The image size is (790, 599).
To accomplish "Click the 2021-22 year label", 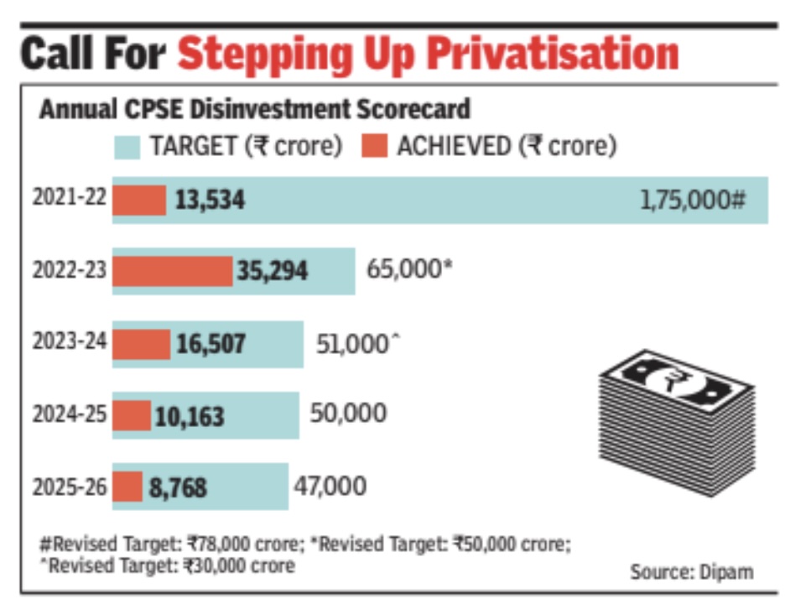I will [x=69, y=200].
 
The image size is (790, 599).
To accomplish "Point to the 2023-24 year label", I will [x=69, y=342].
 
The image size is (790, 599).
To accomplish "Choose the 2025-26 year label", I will [x=69, y=487].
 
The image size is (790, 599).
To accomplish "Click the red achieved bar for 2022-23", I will [x=172, y=271].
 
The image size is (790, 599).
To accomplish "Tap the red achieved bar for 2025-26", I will [x=127, y=487].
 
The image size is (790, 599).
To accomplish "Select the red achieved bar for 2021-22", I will [x=139, y=200].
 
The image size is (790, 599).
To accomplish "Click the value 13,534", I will [x=210, y=201].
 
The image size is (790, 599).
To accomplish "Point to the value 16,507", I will [x=210, y=343].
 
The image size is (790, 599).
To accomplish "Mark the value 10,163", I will [x=188, y=415].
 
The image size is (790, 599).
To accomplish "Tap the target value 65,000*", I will [x=409, y=269].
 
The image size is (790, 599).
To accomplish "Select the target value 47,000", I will [x=330, y=486].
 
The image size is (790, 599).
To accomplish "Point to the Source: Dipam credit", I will [x=691, y=572].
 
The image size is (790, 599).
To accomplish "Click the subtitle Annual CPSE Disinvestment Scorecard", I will [x=255, y=110].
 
